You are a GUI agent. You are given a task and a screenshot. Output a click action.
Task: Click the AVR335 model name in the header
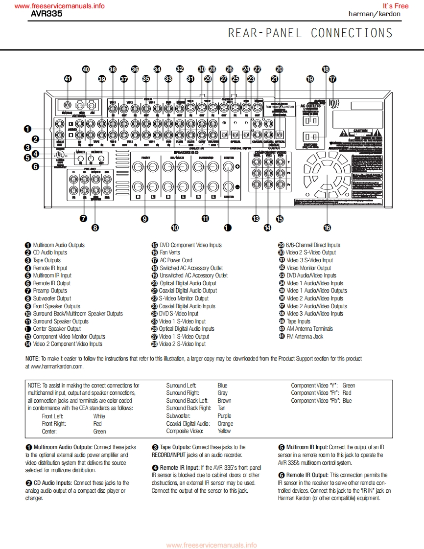click(47, 14)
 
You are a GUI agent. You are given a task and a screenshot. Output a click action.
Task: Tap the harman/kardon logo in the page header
click(374, 14)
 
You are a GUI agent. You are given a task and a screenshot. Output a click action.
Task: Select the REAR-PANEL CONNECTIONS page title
click(310, 33)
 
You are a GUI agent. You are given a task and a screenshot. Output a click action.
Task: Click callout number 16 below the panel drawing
click(327, 227)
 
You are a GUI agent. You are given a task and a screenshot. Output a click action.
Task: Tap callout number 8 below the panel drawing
click(95, 227)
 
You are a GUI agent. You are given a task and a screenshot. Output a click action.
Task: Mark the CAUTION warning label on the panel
click(361, 131)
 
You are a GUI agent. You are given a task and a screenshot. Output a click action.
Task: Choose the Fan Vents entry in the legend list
click(170, 252)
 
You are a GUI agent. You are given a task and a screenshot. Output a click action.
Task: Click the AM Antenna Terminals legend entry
click(309, 329)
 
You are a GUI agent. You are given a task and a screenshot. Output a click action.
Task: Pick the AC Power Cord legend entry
click(176, 260)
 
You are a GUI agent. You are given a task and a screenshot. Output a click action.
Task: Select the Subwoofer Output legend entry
click(52, 298)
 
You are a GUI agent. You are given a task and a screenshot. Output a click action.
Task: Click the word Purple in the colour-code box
click(224, 416)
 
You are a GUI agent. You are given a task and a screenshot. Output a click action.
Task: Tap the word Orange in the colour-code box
click(225, 424)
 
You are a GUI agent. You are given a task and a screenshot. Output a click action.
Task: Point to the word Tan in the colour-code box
click(221, 408)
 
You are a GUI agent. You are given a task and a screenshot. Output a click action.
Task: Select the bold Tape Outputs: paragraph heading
click(175, 447)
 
